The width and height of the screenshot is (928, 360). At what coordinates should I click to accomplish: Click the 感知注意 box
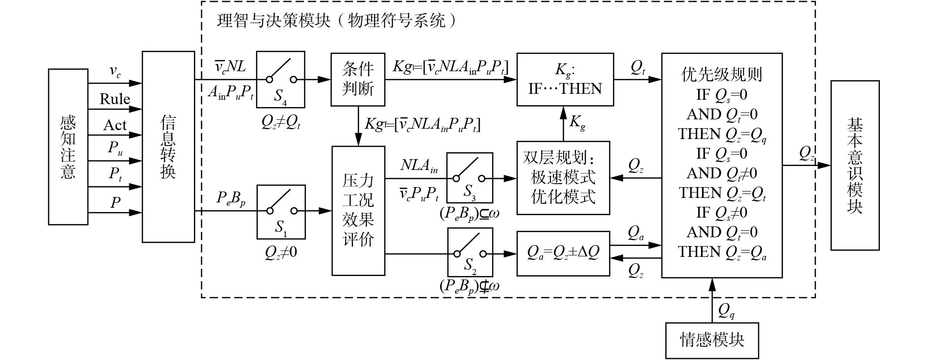[68, 146]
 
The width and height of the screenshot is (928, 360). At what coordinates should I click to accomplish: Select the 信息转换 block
[168, 146]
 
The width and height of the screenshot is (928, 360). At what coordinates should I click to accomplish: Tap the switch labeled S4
[280, 80]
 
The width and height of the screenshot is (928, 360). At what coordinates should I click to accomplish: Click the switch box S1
[281, 211]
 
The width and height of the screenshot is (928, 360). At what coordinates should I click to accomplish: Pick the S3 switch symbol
[469, 177]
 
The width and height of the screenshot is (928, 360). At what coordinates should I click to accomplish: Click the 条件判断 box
[357, 79]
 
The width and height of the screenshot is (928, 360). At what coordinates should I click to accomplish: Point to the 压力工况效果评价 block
[358, 210]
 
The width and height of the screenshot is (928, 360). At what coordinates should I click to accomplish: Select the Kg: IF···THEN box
[565, 79]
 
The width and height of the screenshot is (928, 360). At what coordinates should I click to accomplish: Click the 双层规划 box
[563, 177]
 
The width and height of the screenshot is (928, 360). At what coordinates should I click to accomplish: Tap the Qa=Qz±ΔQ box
[563, 252]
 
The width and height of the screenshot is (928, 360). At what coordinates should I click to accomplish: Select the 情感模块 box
[712, 340]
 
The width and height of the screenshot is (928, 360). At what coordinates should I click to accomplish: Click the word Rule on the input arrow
[115, 99]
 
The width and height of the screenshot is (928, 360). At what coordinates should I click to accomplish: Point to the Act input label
[115, 125]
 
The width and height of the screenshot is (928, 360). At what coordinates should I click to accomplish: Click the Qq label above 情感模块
[726, 309]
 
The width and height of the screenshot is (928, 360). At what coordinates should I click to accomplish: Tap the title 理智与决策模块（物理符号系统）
[339, 21]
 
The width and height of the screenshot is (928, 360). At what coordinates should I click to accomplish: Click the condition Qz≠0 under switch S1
[281, 252]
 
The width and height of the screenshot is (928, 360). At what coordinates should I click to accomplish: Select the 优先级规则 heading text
[721, 74]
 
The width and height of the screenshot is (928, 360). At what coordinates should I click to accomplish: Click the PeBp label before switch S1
[231, 198]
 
